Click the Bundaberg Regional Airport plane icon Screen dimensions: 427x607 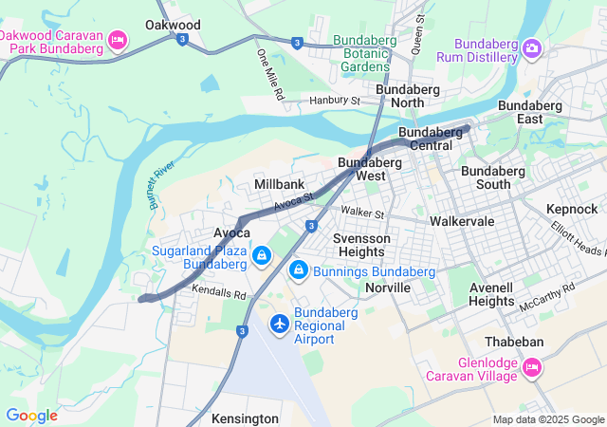click(x=280, y=325)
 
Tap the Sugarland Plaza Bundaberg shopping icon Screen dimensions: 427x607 click(x=261, y=255)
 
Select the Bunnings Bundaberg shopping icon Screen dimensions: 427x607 click(x=299, y=270)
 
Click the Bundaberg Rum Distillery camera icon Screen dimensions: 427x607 click(x=532, y=46)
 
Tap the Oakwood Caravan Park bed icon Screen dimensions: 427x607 click(x=119, y=39)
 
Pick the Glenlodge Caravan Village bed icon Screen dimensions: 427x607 click(x=532, y=366)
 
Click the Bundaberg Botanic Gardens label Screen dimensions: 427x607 click(x=360, y=53)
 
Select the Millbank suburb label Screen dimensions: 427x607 click(x=280, y=183)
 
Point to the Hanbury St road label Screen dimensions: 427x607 click(x=335, y=100)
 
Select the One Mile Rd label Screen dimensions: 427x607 click(x=269, y=75)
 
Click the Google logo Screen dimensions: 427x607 click(x=31, y=416)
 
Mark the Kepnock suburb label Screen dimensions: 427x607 click(x=572, y=209)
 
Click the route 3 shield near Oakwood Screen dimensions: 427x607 click(x=182, y=39)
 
